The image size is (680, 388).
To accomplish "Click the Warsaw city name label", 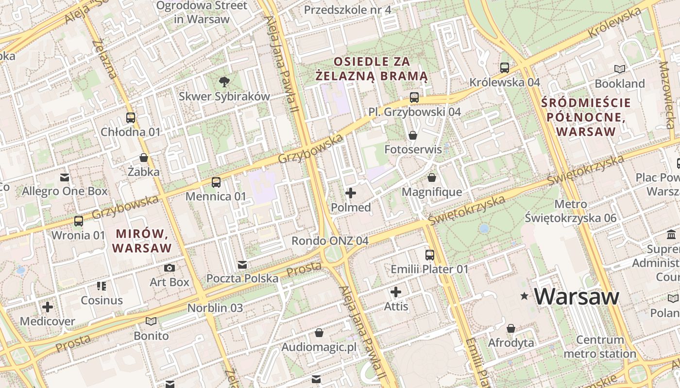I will coord(577,296).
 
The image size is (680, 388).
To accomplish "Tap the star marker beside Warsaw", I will coord(524,296).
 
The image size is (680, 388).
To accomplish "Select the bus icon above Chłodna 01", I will coord(130,118).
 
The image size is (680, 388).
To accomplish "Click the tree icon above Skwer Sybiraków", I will coord(224,81).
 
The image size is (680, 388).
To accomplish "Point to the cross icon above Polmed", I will coord(350,193).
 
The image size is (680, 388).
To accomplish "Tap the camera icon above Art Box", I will coord(170,268).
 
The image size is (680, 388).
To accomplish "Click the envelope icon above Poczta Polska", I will coord(242,264).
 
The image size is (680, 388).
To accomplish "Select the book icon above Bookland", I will coord(619,69).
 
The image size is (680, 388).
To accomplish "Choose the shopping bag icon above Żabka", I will coord(144,158).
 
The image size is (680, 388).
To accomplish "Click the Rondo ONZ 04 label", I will coord(330,241).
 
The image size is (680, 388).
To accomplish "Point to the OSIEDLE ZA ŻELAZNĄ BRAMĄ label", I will coord(372,69).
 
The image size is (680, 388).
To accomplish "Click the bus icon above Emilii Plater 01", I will coord(430,255).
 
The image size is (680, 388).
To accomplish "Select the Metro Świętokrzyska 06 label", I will coord(571,211).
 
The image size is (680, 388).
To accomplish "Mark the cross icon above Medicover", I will coord(48,307).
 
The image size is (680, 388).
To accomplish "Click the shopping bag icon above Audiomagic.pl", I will coord(319,333).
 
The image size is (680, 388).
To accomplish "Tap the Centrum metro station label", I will coord(600,346).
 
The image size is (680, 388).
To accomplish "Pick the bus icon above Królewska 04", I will coord(505,68).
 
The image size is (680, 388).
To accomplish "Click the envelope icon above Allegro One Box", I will coord(65,177).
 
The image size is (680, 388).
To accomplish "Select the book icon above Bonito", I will coord(151,321).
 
